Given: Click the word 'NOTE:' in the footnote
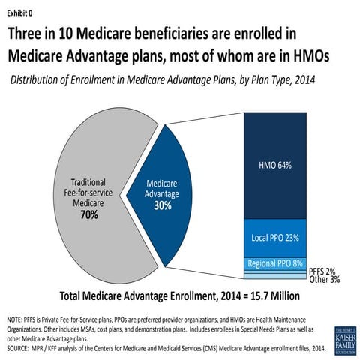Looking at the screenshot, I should point(16,319).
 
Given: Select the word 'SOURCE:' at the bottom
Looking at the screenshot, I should point(19,348).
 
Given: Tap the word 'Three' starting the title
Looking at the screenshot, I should point(30,34).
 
